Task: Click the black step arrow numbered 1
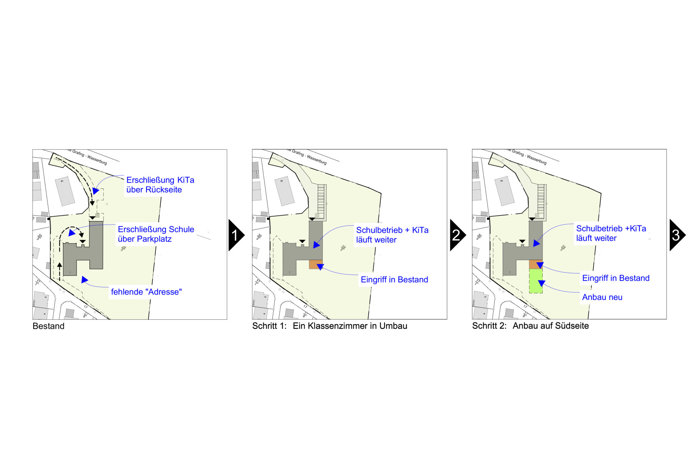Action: pyautogui.click(x=235, y=235)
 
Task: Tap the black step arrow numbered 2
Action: pyautogui.click(x=457, y=235)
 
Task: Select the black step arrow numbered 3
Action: pyautogui.click(x=676, y=235)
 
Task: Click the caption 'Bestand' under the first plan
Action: pyautogui.click(x=48, y=326)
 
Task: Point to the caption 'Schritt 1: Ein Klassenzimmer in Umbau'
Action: pyautogui.click(x=329, y=326)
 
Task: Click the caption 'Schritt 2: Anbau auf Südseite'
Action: pyautogui.click(x=530, y=326)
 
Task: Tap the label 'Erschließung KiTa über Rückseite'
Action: pyautogui.click(x=160, y=185)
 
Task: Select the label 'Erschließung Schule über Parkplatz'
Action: pyautogui.click(x=156, y=234)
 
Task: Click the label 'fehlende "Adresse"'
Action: pyautogui.click(x=146, y=292)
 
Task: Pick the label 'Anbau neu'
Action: pyautogui.click(x=602, y=297)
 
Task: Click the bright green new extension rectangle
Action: pyautogui.click(x=536, y=281)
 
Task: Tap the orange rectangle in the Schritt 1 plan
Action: pyautogui.click(x=315, y=265)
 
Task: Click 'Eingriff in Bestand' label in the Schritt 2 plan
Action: pyautogui.click(x=616, y=278)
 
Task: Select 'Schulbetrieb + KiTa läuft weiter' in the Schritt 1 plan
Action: pyautogui.click(x=392, y=235)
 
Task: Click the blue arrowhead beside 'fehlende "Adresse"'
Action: pyautogui.click(x=84, y=280)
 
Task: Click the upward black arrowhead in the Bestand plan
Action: pyautogui.click(x=60, y=265)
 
